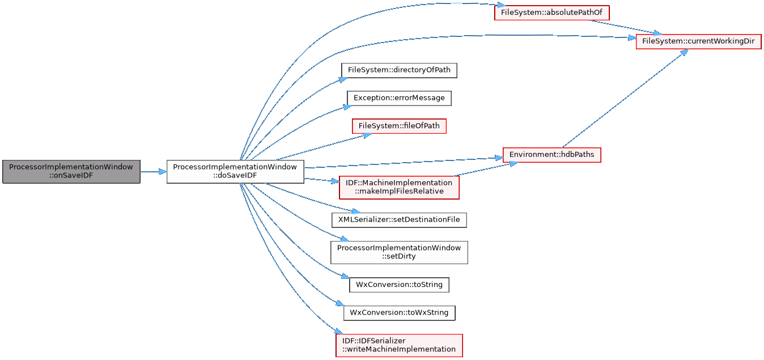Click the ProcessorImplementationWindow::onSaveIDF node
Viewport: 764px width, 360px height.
click(x=71, y=171)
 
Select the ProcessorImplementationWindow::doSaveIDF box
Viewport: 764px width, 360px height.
click(x=235, y=171)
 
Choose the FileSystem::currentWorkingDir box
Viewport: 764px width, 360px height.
click(x=698, y=41)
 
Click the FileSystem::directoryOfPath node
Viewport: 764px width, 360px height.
click(x=399, y=70)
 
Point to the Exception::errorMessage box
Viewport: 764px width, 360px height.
click(x=399, y=98)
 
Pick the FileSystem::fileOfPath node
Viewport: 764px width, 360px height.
click(x=399, y=125)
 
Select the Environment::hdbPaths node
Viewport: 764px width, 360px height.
click(x=551, y=154)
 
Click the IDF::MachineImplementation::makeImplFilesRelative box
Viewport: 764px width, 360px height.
click(x=399, y=187)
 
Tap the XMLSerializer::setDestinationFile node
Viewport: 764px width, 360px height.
click(x=399, y=219)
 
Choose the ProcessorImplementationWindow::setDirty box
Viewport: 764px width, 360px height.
click(x=399, y=252)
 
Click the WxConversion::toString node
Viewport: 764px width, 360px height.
click(x=399, y=284)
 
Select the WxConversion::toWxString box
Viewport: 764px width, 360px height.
click(x=399, y=312)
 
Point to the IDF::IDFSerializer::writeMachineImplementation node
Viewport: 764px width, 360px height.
click(x=399, y=345)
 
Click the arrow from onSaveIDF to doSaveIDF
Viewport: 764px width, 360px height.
click(x=153, y=171)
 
